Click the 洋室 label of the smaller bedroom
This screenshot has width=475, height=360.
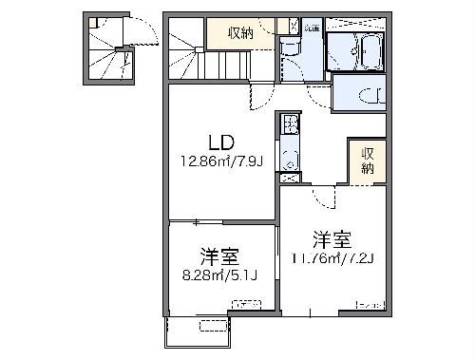(x=218, y=256)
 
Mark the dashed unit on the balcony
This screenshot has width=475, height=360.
(x=208, y=326)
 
